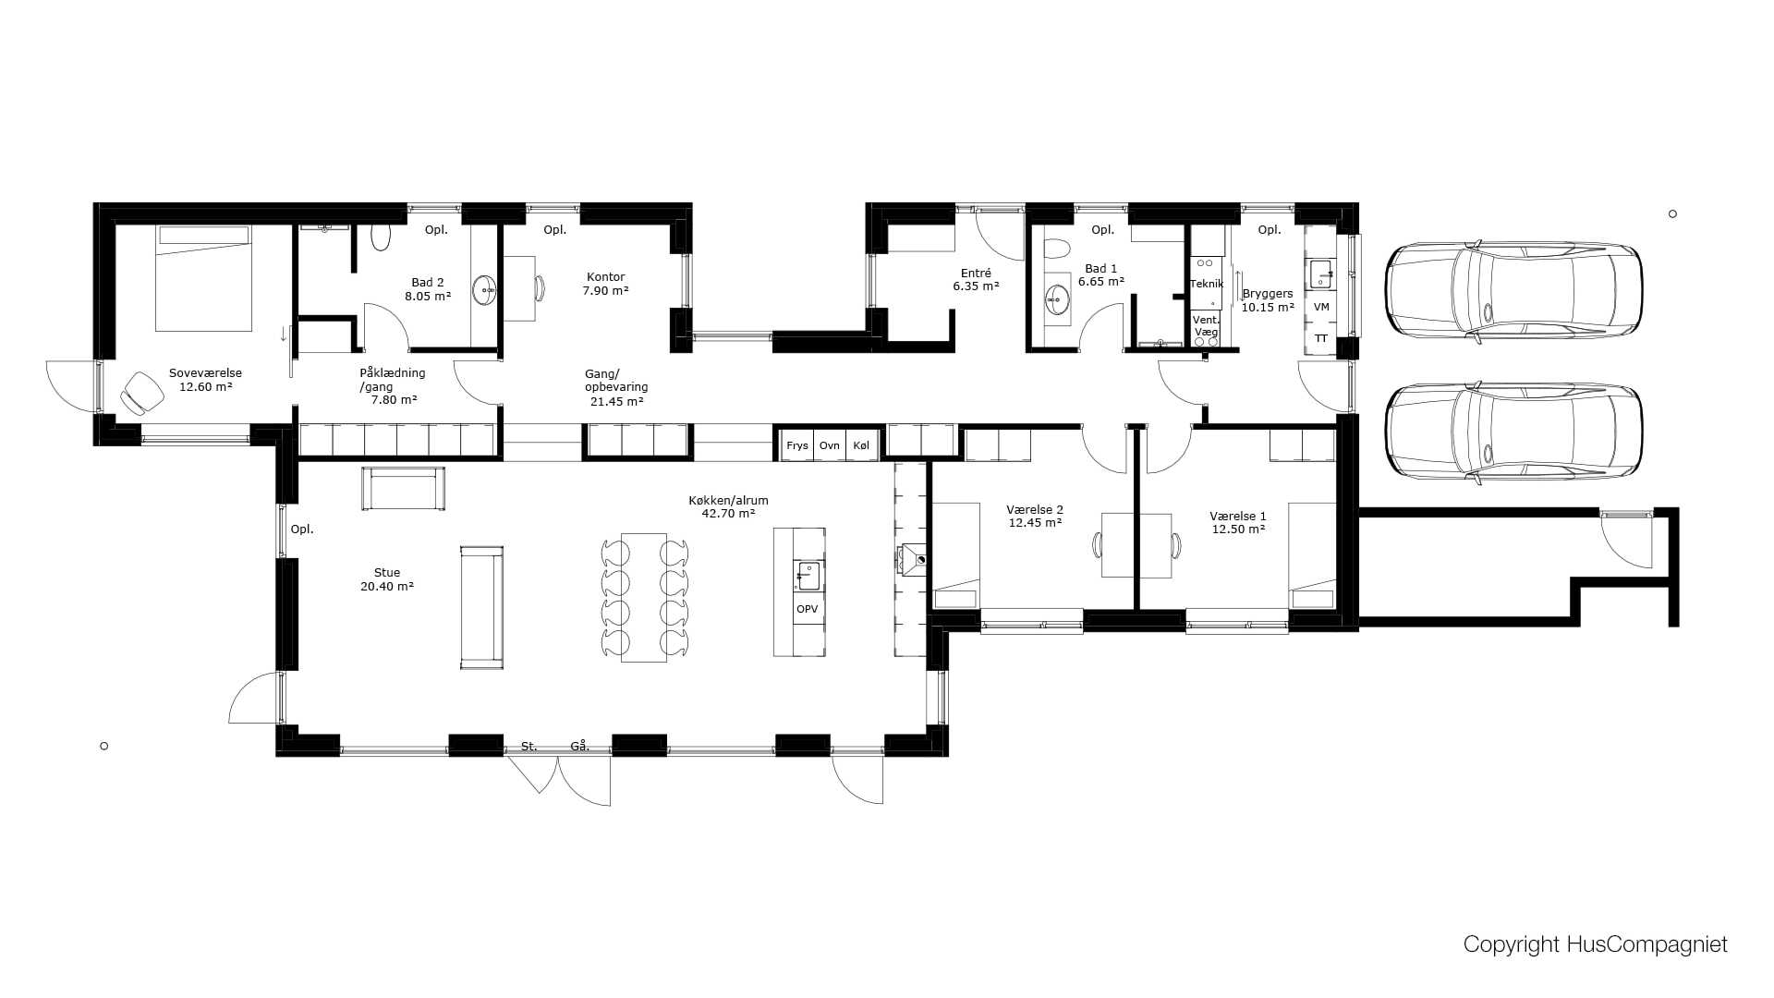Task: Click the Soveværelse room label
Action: (x=205, y=373)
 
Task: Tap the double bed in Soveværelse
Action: (x=203, y=278)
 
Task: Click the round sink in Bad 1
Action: (x=1057, y=299)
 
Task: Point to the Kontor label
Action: (x=606, y=277)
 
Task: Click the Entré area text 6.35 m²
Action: (x=977, y=286)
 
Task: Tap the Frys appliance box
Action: (x=796, y=445)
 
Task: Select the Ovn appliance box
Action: (x=830, y=445)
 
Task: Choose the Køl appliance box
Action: (x=861, y=445)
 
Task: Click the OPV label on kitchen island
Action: (x=807, y=609)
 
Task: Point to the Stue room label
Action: (x=387, y=573)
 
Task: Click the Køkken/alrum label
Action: (x=728, y=501)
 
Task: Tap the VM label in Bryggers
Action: (x=1321, y=307)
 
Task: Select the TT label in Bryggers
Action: (x=1321, y=339)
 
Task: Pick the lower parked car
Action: (x=1513, y=432)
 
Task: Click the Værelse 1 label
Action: (x=1238, y=517)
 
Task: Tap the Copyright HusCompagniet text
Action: (x=1595, y=944)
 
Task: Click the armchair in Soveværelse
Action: (x=141, y=393)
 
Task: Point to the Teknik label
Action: (x=1207, y=284)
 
